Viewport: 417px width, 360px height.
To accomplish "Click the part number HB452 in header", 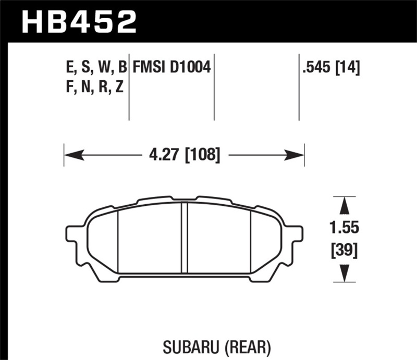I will click(78, 22).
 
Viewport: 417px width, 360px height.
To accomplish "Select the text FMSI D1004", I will click(171, 67).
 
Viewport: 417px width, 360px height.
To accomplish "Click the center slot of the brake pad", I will click(184, 237).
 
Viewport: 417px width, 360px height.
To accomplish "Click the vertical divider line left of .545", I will click(299, 86).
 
